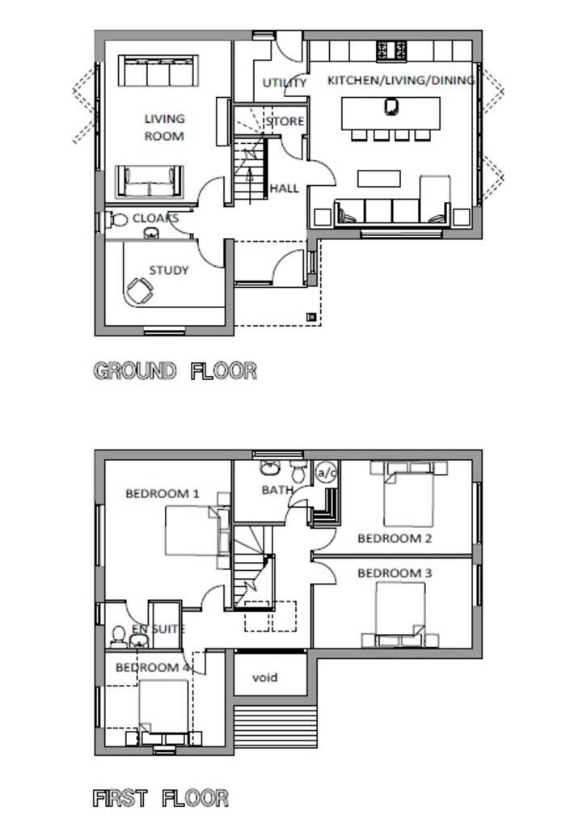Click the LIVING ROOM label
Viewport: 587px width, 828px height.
tap(165, 127)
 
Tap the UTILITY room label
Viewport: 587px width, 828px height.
tap(285, 83)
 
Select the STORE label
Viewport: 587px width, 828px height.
tap(285, 121)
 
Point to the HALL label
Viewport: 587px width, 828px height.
tap(285, 188)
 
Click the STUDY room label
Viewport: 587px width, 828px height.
tap(169, 270)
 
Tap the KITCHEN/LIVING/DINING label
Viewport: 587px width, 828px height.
tap(401, 80)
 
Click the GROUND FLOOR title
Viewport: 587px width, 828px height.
tap(175, 370)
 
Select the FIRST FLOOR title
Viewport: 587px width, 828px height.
tap(161, 798)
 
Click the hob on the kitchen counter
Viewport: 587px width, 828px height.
tap(391, 51)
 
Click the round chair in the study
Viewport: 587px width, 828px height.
tap(140, 291)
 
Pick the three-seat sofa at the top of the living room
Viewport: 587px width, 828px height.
tap(158, 70)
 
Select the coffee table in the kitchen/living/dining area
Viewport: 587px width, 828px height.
tap(379, 179)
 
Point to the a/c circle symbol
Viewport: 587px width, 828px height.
tap(326, 473)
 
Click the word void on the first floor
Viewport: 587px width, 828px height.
tap(264, 677)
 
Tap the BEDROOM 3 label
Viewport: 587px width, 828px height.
tap(395, 573)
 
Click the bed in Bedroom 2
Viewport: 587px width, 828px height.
tap(408, 499)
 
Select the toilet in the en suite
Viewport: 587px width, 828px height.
tap(119, 636)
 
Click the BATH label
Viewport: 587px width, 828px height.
tap(277, 490)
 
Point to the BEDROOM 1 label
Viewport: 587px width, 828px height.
tap(163, 494)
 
